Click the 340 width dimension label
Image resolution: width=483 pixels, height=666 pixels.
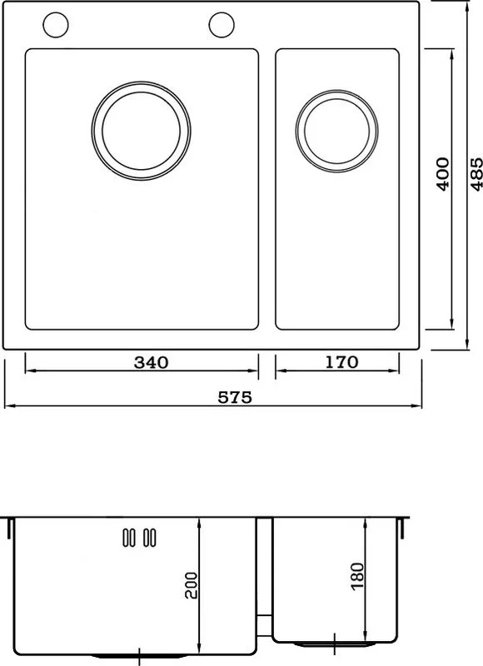152,362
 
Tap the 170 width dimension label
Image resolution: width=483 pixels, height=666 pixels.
342,362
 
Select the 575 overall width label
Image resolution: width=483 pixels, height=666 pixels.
235,397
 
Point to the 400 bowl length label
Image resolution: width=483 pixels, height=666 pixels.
443,174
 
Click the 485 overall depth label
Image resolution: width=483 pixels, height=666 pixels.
476,174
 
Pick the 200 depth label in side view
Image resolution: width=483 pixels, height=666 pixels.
192,585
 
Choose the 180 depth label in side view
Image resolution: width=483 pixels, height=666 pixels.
358,576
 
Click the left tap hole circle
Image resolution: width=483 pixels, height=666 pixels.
56,25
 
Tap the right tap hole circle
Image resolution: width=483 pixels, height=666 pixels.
222,25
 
